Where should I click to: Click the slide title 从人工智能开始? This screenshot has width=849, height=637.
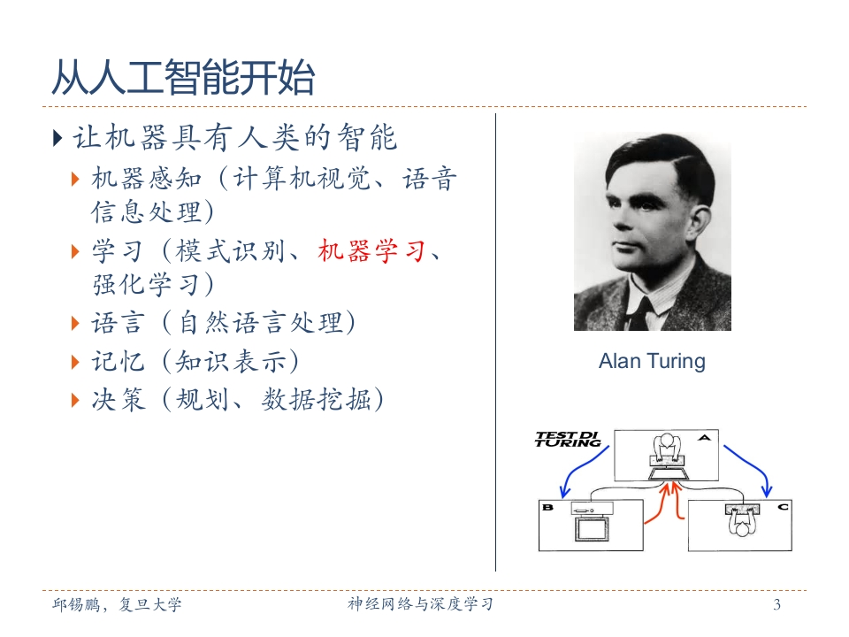183,78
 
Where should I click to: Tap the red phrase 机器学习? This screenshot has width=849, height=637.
371,251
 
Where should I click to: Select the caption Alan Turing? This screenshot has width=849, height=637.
652,361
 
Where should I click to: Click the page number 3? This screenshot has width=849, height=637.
777,604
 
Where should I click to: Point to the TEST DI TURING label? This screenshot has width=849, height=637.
568,440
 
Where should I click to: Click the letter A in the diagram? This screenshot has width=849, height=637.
704,438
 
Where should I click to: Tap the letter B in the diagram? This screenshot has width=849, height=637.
548,508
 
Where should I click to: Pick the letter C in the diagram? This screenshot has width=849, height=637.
783,507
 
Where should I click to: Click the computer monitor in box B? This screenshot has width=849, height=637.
592,529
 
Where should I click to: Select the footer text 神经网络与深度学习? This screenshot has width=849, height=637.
420,604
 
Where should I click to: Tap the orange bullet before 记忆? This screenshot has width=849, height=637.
75,362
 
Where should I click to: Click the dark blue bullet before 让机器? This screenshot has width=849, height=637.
58,138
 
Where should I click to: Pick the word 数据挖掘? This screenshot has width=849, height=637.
317,400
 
